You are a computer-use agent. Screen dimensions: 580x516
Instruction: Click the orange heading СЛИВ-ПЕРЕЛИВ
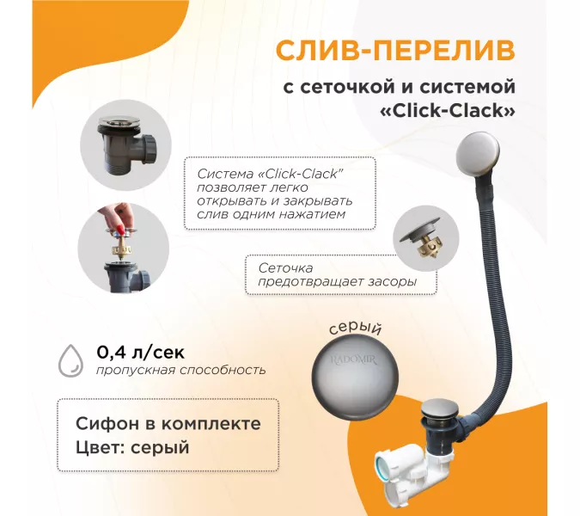coord(395,51)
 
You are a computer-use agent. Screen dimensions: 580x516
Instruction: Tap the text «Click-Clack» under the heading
coord(448,111)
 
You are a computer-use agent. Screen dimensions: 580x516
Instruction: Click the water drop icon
coord(70,360)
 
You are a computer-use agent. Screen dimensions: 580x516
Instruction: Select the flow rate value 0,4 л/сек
coord(141,353)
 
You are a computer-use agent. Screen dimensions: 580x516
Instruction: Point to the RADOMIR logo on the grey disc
coord(353,360)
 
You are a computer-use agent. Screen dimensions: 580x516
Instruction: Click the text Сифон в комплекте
coord(168,423)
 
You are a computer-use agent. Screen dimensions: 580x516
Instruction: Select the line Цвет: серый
coord(132,447)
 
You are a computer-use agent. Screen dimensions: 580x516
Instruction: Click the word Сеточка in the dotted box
coord(285,267)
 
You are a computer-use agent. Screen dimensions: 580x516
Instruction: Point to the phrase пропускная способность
coord(181,370)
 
